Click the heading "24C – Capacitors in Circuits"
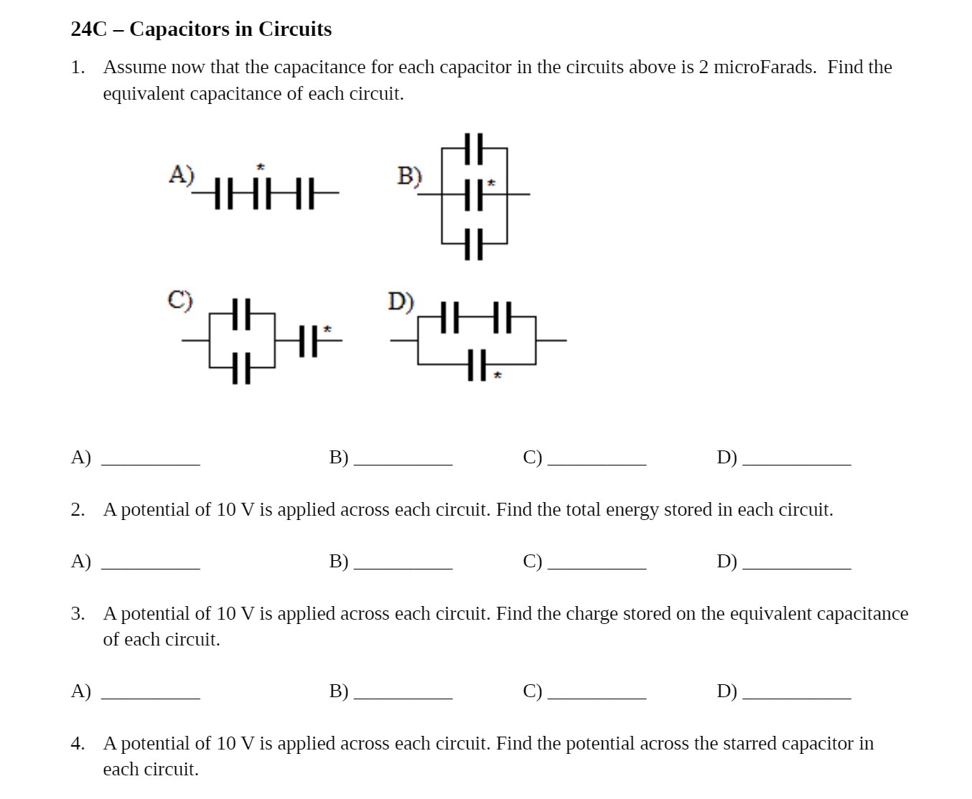[x=201, y=29]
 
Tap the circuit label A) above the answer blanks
[x=181, y=174]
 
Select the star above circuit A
[x=261, y=166]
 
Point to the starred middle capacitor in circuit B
[x=473, y=194]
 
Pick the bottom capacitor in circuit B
[x=473, y=244]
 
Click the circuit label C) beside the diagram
[x=180, y=299]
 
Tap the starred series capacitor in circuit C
[x=307, y=340]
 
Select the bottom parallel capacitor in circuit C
[x=242, y=367]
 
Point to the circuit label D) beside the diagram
[x=401, y=301]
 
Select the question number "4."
[x=78, y=744]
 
